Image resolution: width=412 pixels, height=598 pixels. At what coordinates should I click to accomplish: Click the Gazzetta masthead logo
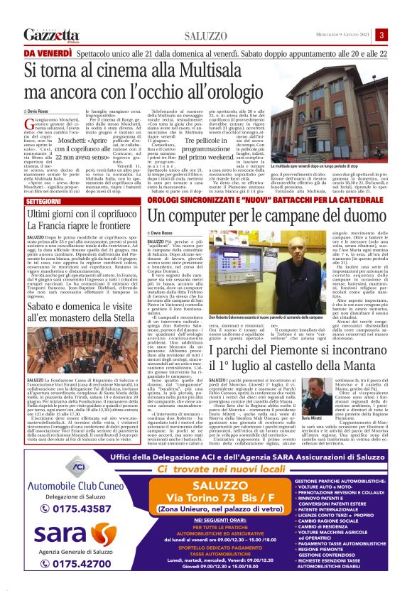[50, 35]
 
